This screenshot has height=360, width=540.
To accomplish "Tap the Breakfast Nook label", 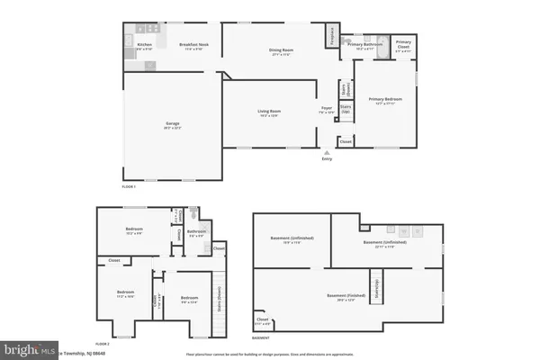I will (194, 45).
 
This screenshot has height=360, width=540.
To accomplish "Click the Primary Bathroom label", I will (367, 45).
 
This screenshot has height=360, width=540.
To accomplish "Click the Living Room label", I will (271, 112).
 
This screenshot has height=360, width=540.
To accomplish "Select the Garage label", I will (171, 125).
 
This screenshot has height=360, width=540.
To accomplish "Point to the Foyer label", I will (326, 110).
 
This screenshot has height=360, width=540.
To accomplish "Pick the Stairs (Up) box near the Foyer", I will (345, 108).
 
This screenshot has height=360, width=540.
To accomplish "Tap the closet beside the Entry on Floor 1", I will (346, 141).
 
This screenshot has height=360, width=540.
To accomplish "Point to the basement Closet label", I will (263, 319).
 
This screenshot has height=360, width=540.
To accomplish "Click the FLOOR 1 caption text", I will (128, 184).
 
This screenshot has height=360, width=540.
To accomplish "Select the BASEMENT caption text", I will (260, 338).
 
